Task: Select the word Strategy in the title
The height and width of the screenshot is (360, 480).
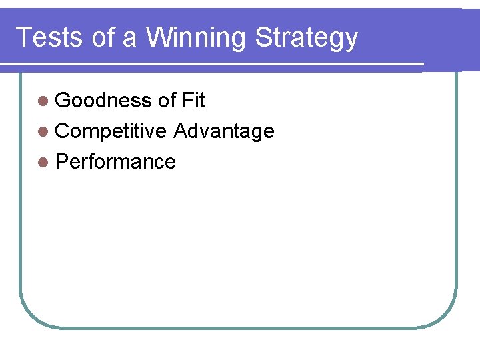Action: coord(307,39)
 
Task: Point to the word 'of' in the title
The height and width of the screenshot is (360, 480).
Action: coord(103,37)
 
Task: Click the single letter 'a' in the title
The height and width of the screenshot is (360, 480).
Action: coord(129,39)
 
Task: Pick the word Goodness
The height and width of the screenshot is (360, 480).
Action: coord(103,101)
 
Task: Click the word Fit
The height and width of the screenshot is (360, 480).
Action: coord(193,101)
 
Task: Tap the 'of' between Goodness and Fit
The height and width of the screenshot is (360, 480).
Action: coord(167,101)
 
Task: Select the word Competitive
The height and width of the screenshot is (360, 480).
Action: coord(111,131)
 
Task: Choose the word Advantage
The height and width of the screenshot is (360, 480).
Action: coord(224,132)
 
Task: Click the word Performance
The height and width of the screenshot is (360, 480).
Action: coord(115,162)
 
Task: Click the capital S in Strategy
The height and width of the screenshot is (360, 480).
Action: coord(264,37)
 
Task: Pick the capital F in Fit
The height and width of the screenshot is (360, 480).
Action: coord(186,101)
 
